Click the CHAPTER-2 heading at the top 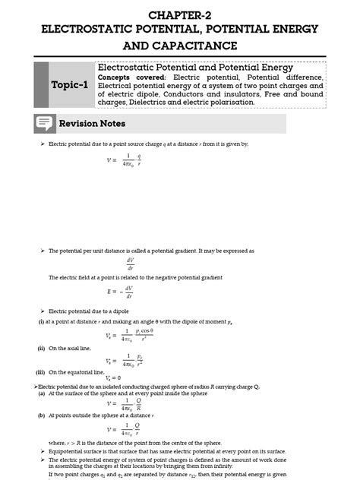(x=180, y=14)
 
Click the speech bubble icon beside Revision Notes (x=44, y=124)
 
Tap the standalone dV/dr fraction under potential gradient (x=131, y=263)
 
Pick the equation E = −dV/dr (x=122, y=292)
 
